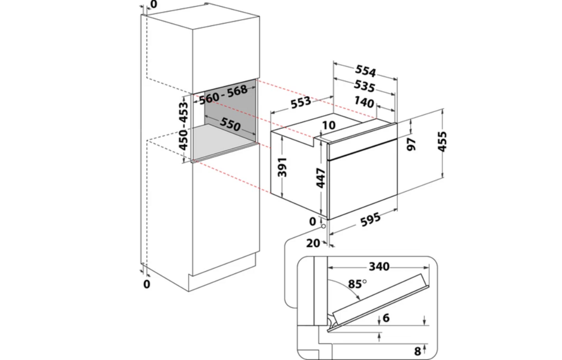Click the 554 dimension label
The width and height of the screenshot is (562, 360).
[x=365, y=71]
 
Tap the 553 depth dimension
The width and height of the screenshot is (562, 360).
[x=301, y=102]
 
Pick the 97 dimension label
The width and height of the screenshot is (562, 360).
[x=412, y=143]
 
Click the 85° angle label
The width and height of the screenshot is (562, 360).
[x=356, y=284]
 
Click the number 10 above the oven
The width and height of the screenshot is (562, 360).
[x=329, y=124]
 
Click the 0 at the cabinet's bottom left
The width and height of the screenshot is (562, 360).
[x=147, y=284]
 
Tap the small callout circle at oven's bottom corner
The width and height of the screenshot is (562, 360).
[x=325, y=226]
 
